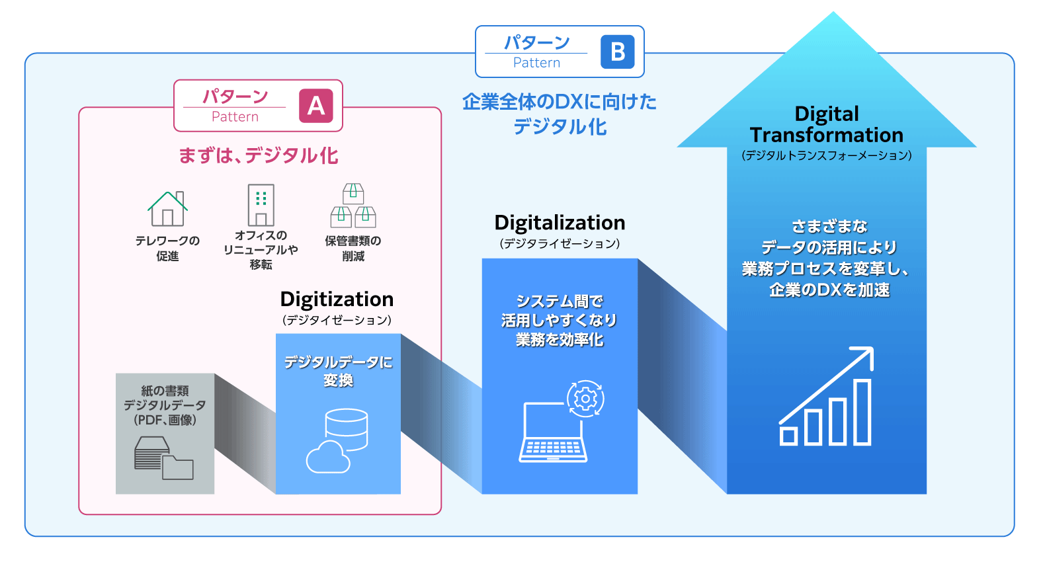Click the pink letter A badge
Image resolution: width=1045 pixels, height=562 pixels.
pyautogui.click(x=316, y=106)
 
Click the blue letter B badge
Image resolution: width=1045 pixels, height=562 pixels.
pyautogui.click(x=617, y=52)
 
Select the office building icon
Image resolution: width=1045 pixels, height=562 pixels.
pyautogui.click(x=261, y=205)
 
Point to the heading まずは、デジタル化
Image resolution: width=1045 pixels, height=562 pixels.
pyautogui.click(x=259, y=155)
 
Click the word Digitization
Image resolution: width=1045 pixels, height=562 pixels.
pyautogui.click(x=337, y=300)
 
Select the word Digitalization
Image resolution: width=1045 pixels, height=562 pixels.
pyautogui.click(x=560, y=223)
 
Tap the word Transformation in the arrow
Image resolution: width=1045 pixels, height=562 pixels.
pyautogui.click(x=826, y=136)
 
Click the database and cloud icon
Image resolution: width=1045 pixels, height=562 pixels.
pyautogui.click(x=337, y=441)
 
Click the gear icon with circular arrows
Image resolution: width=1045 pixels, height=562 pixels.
pyautogui.click(x=585, y=399)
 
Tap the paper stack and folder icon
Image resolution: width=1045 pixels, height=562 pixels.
pyautogui.click(x=164, y=458)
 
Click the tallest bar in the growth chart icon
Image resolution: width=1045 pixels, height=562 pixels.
pyautogui.click(x=862, y=413)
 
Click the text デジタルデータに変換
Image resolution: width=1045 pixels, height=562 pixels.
pyautogui.click(x=338, y=371)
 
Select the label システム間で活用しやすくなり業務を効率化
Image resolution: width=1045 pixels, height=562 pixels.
pyautogui.click(x=560, y=321)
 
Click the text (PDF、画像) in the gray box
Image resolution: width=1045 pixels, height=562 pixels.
pyautogui.click(x=165, y=421)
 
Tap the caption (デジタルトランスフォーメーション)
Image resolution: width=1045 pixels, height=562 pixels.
pyautogui.click(x=826, y=155)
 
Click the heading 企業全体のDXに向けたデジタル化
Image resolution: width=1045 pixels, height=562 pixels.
pyautogui.click(x=560, y=114)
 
